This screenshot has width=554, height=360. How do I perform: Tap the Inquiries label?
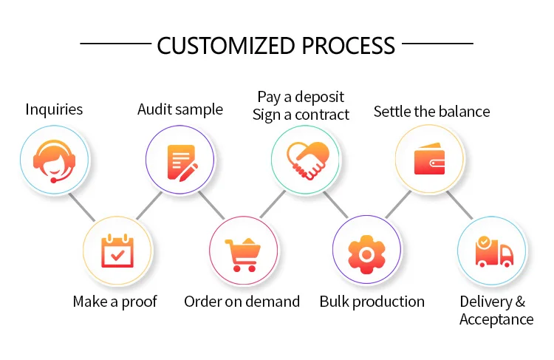(x=54, y=109)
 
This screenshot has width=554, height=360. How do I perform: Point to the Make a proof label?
(x=114, y=302)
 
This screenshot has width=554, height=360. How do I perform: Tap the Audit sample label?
(x=179, y=109)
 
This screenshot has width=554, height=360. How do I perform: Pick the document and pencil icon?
(x=180, y=159)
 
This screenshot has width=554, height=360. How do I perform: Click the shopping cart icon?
(x=243, y=251)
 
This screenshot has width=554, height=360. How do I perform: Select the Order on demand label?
(x=242, y=302)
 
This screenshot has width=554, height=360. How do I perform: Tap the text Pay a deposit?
(x=301, y=97)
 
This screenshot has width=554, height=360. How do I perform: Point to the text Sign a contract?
(x=301, y=115)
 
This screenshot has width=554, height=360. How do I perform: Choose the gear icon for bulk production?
(x=367, y=251)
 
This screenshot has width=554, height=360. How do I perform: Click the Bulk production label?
(x=372, y=302)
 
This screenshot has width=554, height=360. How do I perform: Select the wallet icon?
(x=430, y=159)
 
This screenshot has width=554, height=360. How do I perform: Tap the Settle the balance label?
(x=431, y=112)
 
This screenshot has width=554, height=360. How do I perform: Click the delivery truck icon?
(x=493, y=251)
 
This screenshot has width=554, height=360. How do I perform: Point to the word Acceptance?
(x=496, y=319)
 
